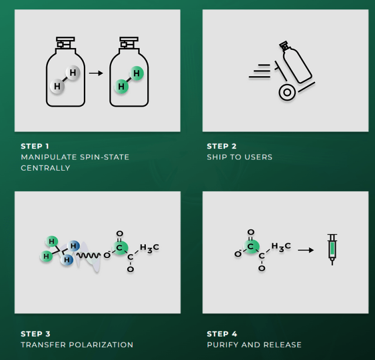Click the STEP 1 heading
click(x=35, y=146)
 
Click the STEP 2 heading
click(x=221, y=146)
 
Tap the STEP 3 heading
click(x=35, y=334)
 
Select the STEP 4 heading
click(x=222, y=334)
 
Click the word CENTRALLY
click(x=46, y=168)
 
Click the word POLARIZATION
click(x=101, y=345)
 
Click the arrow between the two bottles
click(x=96, y=73)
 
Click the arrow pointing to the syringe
click(x=306, y=250)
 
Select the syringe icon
click(x=332, y=249)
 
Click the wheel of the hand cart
click(x=287, y=92)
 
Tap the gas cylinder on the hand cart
click(x=295, y=63)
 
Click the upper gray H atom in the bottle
click(x=73, y=73)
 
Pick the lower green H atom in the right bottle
click(x=121, y=86)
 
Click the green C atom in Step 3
click(x=120, y=248)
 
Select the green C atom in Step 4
click(x=251, y=246)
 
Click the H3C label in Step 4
click(x=281, y=247)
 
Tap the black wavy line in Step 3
click(x=88, y=256)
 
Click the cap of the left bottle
click(x=65, y=43)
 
